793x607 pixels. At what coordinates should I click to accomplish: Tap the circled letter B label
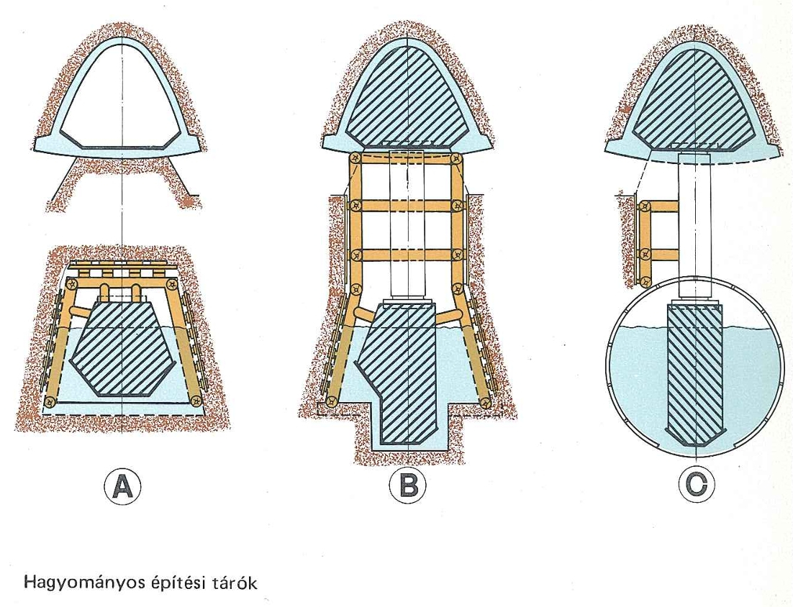pos(407,486)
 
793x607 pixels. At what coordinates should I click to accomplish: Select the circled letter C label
pos(696,486)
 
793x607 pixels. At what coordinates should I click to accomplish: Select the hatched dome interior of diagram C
pos(694,101)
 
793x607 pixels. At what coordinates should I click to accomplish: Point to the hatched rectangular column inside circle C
pos(694,374)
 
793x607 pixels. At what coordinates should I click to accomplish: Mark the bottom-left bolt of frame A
pos(50,401)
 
